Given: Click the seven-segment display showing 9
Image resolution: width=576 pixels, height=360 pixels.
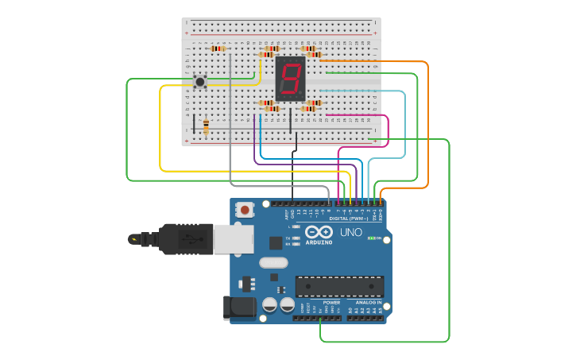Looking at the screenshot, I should pos(291,78).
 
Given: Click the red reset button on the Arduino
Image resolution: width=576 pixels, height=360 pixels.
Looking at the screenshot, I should pos(245,210).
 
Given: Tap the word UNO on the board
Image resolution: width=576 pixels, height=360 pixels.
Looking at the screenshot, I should pos(351,233).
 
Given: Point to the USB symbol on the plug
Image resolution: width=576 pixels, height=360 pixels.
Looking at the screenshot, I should pos(187,237).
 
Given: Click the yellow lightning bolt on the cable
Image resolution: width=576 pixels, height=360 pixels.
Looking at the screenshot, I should pos(134,238).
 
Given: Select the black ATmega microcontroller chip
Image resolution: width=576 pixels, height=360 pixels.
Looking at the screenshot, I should pos(339,286).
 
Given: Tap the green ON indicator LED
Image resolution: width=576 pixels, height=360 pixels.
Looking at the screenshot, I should pos(371,238).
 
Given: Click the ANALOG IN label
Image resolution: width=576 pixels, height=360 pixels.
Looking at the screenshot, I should pos(368,303).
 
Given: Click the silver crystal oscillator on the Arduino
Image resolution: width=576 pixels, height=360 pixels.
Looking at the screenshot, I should pos(273,262).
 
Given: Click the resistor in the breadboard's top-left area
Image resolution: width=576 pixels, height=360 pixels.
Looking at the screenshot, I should pos(218,48).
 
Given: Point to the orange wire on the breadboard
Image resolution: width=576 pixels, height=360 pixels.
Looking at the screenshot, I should pos(373,60).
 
